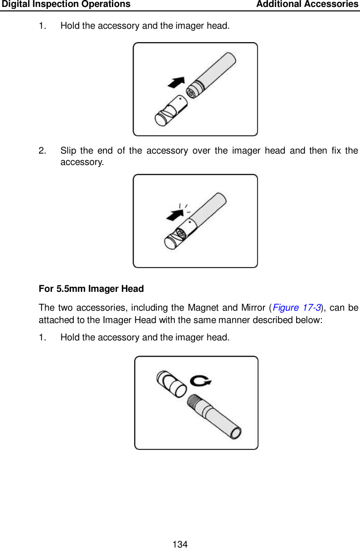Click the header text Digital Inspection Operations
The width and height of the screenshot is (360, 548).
[x=66, y=4]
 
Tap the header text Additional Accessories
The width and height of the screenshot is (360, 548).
[x=308, y=4]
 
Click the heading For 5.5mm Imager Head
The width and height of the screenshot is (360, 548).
[x=91, y=288]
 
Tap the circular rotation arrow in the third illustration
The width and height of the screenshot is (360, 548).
[x=201, y=381]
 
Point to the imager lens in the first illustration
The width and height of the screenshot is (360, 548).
[x=190, y=93]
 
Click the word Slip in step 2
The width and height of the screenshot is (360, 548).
[x=69, y=150]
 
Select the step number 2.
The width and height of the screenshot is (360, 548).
[x=42, y=150]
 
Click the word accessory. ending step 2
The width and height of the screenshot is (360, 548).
[x=82, y=162]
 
